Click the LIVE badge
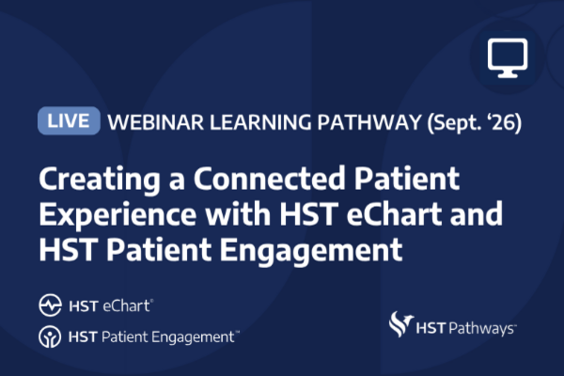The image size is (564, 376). coord(69,120)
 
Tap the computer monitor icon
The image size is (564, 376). coord(508,57)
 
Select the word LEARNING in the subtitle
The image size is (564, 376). coord(260,122)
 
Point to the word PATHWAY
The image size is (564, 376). coord(369,122)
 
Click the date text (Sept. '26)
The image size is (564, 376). coord(475,123)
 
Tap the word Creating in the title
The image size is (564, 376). coord(100,179)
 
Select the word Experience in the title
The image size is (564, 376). coord(117,215)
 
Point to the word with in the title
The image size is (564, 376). coord(238,213)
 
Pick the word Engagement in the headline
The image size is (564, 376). coord(311,251)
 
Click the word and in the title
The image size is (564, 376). coord(477,213)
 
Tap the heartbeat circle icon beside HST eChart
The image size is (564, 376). coord(50,305)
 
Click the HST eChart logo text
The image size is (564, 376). coord(111,305)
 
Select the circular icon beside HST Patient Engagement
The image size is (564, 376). coord(50,337)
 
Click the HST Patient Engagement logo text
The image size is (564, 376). coord(154,337)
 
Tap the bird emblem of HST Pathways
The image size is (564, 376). coord(400,323)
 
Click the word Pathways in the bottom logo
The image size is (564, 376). coord(483,328)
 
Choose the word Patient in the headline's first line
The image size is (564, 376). coord(407,178)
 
